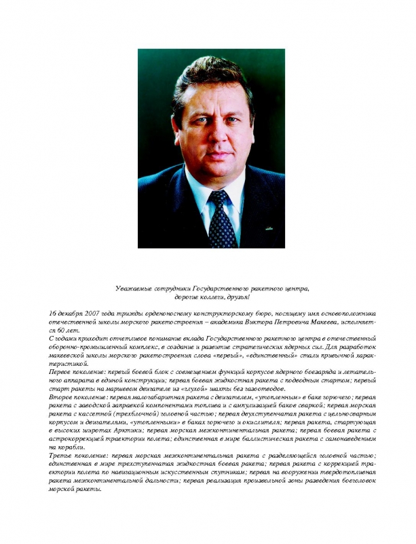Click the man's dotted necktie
222,218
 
